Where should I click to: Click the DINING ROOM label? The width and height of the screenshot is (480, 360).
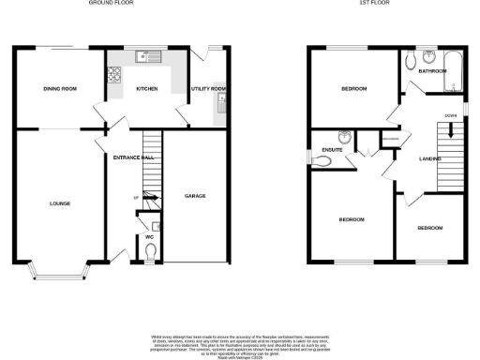tap(60, 89)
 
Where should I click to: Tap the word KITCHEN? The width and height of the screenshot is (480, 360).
tap(146, 89)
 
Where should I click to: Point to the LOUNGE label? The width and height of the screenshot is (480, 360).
tap(60, 203)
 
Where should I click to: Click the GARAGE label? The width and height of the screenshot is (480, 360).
tap(194, 197)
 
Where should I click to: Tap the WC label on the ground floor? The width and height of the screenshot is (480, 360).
tap(149, 236)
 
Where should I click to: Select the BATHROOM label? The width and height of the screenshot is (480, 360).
tap(432, 71)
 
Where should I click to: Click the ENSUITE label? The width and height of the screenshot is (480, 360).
tap(330, 149)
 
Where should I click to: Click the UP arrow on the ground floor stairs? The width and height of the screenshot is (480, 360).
tap(137, 199)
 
